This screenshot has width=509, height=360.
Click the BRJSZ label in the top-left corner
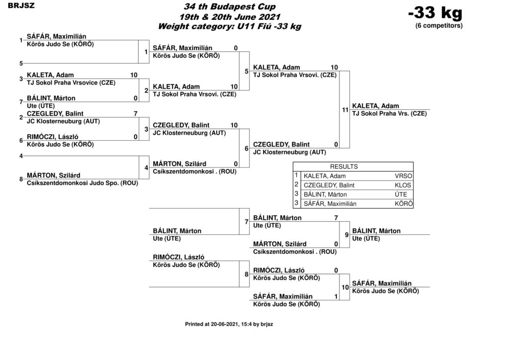[21, 5]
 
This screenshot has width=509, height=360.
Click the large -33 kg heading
[435, 13]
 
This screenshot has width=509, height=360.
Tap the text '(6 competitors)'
[439, 26]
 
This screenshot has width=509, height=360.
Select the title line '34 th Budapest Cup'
[230, 6]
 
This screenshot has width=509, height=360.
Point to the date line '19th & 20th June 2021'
[230, 16]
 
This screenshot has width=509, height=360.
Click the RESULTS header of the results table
[344, 167]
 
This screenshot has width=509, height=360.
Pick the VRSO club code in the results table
[404, 176]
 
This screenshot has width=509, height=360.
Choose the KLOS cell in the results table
[403, 185]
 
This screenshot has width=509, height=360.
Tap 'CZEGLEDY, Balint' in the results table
[329, 185]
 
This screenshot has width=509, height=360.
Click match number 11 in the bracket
[345, 110]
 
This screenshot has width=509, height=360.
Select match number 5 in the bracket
[247, 72]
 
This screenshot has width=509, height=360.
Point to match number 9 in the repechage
[346, 235]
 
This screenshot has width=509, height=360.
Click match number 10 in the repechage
[345, 287]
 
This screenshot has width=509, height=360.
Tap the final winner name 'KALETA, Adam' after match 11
[376, 106]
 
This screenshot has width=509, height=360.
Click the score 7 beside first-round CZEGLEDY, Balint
[136, 113]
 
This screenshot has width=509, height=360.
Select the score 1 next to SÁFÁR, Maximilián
[336, 296]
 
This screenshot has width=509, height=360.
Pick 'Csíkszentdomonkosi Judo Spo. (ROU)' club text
[83, 183]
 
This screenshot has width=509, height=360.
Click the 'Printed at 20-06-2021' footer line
[229, 324]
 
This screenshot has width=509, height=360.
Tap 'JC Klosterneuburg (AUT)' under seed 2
[63, 121]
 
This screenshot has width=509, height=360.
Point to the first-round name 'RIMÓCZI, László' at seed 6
[53, 137]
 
